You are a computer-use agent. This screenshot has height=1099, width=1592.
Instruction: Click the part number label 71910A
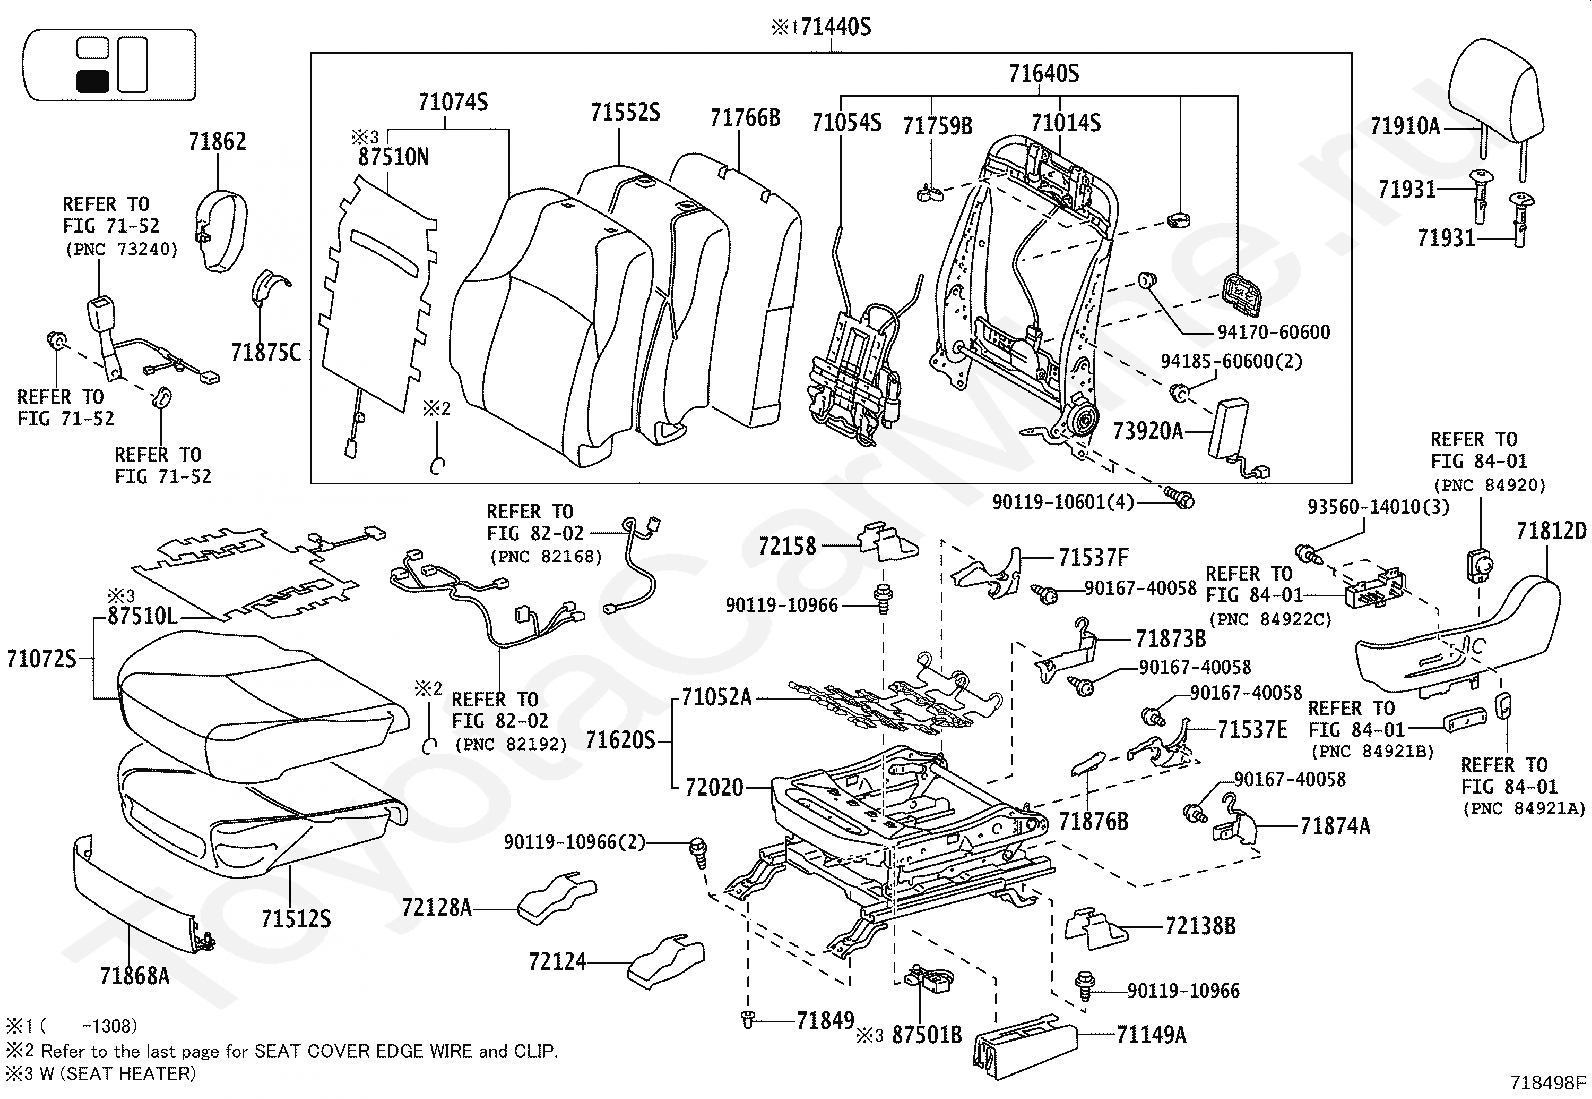click(1405, 126)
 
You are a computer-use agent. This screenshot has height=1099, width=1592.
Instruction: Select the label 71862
click(217, 142)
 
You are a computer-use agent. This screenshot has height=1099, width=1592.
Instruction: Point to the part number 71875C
click(265, 352)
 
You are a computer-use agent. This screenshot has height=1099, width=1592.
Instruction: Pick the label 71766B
click(745, 118)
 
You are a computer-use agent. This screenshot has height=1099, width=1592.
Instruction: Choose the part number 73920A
click(1148, 431)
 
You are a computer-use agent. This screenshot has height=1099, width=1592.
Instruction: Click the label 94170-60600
click(1274, 332)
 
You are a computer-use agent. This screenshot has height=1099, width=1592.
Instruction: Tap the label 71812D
click(1551, 531)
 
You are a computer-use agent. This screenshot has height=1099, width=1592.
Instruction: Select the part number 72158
click(787, 546)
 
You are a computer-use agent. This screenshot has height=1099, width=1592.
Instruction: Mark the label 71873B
click(1170, 638)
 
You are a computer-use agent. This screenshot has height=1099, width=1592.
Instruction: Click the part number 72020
click(714, 788)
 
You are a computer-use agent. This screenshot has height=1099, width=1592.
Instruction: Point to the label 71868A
click(134, 975)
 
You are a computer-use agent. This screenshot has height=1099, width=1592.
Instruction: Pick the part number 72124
click(557, 962)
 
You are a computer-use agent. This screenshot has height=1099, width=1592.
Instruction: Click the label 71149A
click(1151, 1035)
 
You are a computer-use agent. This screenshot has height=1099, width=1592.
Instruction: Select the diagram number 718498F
click(1549, 1082)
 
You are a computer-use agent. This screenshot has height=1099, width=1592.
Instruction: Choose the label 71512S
click(296, 918)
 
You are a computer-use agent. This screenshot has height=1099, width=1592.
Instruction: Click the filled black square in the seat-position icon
click(93, 82)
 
